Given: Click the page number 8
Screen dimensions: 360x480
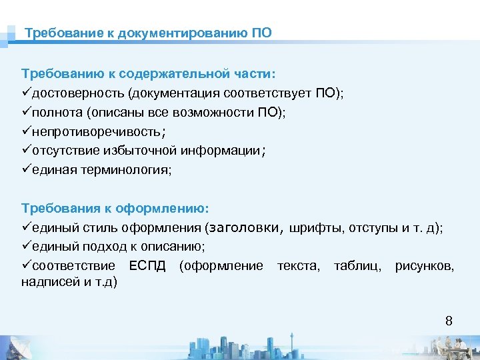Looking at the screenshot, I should (x=449, y=321).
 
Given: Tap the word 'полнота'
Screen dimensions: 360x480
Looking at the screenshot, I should (x=56, y=112).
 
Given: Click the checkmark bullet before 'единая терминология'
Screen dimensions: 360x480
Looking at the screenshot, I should (x=27, y=170).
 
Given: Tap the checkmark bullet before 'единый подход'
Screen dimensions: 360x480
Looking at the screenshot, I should (x=27, y=247).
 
